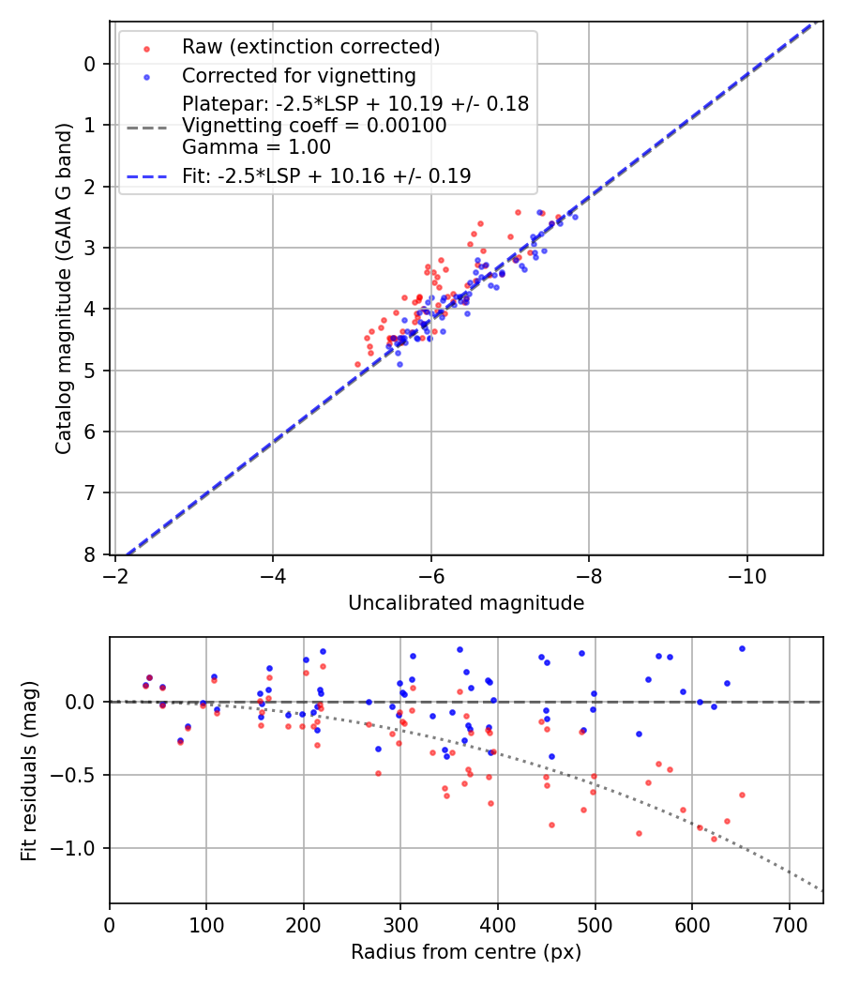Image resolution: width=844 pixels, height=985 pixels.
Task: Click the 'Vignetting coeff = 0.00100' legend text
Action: tap(314, 126)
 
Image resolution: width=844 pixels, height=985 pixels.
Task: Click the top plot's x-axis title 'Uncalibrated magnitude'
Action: tap(466, 603)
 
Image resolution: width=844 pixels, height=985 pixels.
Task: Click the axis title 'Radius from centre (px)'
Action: tap(466, 952)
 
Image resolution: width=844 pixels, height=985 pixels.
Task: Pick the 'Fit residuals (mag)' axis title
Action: tap(30, 770)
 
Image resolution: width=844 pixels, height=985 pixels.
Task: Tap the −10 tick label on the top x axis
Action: tap(746, 571)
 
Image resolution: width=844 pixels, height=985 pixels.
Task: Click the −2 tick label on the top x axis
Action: tap(115, 571)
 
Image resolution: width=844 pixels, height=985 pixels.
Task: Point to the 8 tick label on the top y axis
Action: tap(91, 554)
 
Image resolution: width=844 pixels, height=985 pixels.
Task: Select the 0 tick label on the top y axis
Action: tap(91, 64)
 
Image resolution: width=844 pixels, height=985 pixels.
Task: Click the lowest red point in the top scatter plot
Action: tap(357, 364)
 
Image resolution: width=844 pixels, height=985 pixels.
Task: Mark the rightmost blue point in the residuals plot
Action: tap(742, 648)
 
